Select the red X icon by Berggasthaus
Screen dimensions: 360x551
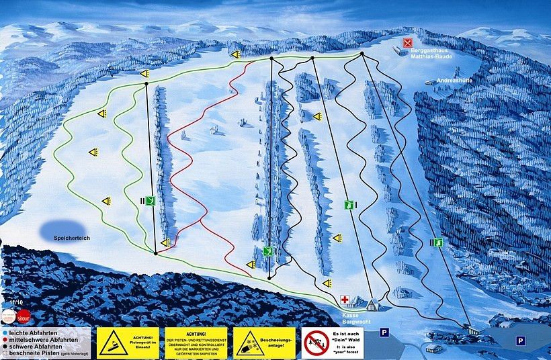pos(407,43)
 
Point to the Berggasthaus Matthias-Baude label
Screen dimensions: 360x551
pos(431,54)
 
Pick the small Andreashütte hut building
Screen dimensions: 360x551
pos(431,81)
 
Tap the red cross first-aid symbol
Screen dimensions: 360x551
pos(345,302)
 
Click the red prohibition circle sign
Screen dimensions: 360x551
pos(315,343)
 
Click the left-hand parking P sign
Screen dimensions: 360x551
pos(384,332)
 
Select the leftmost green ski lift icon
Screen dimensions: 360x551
pos(152,200)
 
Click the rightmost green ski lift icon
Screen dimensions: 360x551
pos(438,242)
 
